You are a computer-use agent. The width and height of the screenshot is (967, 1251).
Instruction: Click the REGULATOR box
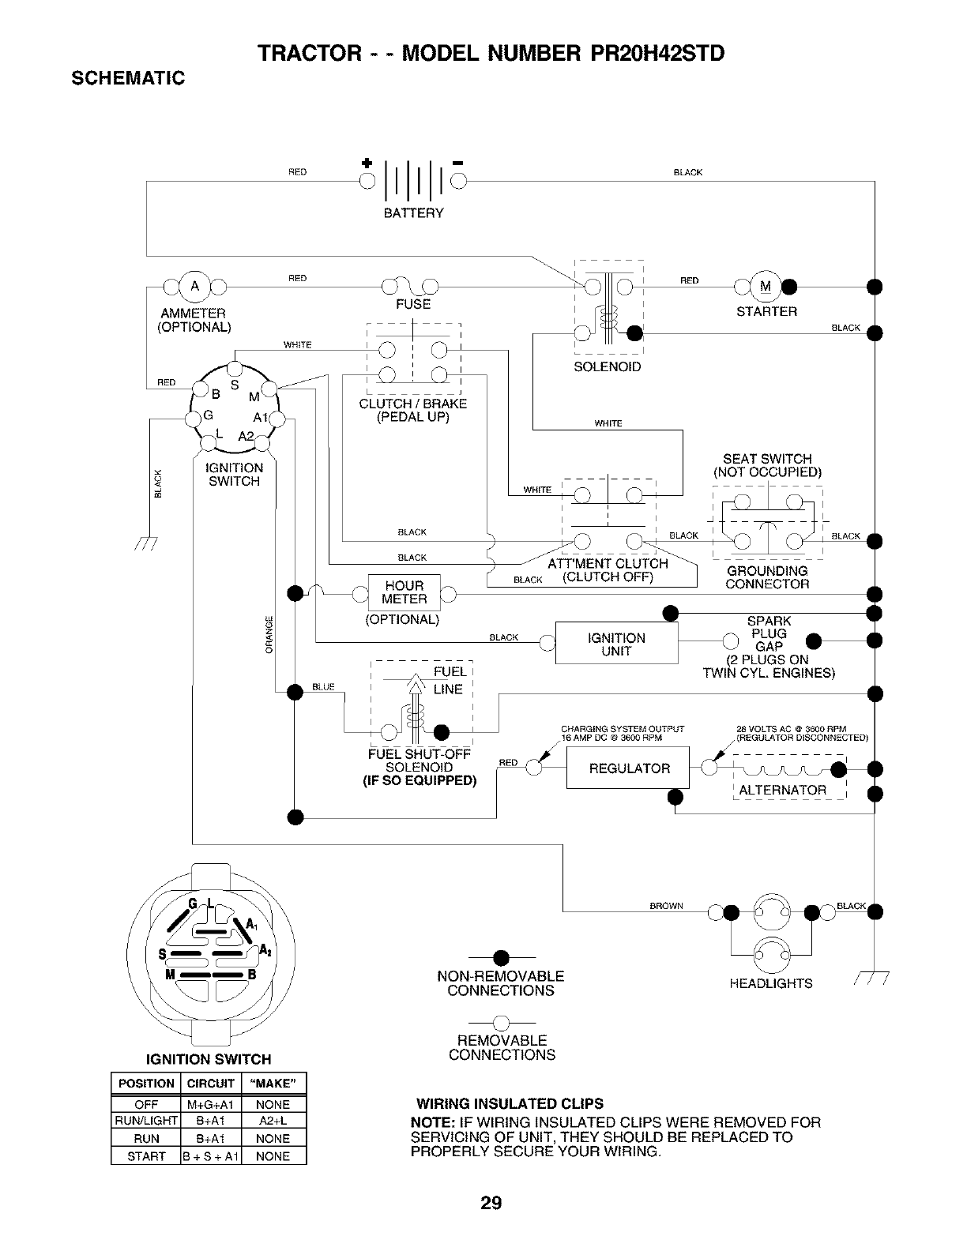628,768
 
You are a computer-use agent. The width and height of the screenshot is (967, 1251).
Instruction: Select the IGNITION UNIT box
616,644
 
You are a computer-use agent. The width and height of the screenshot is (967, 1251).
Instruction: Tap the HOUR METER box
404,592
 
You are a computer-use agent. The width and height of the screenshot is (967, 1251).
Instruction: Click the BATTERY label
413,213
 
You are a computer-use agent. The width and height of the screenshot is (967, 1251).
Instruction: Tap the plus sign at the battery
366,162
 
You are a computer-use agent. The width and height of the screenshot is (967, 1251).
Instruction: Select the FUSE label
413,304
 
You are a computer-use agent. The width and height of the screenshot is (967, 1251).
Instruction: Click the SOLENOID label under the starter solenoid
607,367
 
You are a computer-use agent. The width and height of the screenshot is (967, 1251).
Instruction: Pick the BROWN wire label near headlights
666,906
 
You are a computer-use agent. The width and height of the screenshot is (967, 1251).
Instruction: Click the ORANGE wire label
269,634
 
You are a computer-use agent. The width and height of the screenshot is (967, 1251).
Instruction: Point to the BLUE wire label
324,687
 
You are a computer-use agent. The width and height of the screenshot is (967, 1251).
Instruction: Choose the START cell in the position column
146,1156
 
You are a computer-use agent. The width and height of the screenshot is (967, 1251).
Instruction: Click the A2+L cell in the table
273,1121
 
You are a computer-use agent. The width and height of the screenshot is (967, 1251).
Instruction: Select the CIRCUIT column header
211,1084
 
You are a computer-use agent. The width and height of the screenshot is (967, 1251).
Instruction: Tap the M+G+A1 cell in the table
211,1104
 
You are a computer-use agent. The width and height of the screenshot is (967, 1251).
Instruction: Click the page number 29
491,1203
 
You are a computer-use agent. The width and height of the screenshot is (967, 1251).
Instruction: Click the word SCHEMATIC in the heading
129,78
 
